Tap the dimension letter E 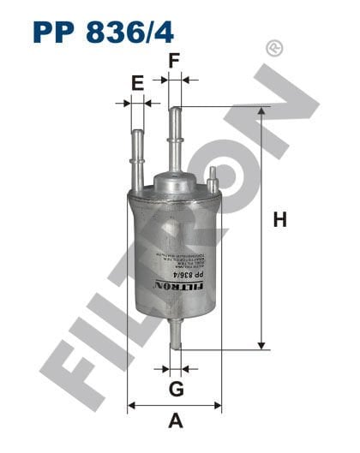click(136, 82)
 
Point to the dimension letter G click(175, 390)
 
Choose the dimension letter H click(279, 220)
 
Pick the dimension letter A click(175, 420)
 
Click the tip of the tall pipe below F click(175, 110)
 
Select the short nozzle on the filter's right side click(211, 179)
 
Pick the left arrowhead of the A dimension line click(131, 405)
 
